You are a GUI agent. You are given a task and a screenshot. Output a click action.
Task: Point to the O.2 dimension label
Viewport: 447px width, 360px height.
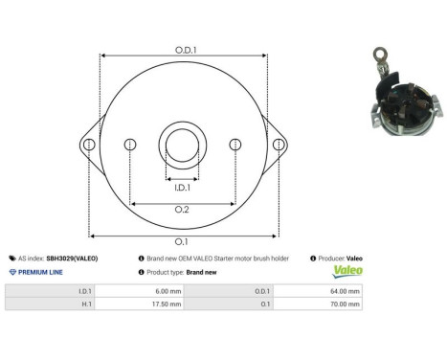[182, 211]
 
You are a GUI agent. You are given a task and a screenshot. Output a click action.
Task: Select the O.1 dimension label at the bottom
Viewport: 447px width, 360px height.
[182, 241]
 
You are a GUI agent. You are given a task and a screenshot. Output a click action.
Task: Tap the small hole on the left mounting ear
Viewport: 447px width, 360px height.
[88, 145]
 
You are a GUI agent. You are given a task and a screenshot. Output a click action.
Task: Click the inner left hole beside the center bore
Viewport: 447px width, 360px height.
[130, 145]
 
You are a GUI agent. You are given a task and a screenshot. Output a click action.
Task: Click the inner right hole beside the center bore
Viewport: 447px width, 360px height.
[235, 145]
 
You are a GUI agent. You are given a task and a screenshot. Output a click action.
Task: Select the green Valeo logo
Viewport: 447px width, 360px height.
[346, 272]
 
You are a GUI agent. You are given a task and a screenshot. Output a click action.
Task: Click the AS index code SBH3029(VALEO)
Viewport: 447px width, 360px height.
[72, 259]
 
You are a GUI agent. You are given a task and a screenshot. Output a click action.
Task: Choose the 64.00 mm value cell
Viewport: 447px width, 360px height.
[345, 290]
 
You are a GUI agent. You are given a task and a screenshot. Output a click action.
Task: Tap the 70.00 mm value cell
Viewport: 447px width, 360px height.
[345, 304]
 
